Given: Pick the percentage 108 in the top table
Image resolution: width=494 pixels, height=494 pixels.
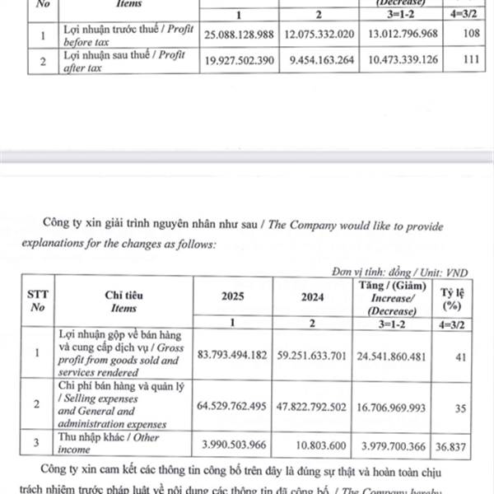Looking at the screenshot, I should tap(469, 36).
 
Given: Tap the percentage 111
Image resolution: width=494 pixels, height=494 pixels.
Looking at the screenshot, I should tap(470, 62).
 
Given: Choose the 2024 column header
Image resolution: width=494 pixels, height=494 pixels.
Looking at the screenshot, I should tap(311, 299).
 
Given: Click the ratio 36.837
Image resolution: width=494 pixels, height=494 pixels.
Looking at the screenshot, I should tap(464, 443).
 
